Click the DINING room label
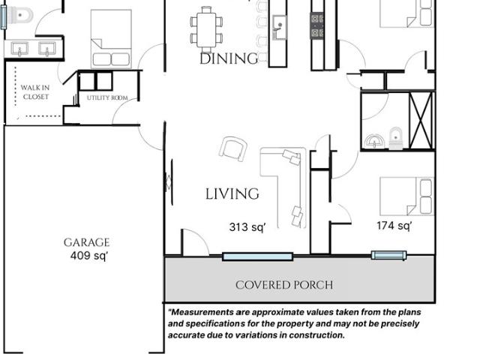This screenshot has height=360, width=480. coord(229,58)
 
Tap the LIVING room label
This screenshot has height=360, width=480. coord(232,193)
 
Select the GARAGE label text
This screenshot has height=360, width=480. coord(87,242)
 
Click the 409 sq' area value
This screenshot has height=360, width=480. coord(89,256)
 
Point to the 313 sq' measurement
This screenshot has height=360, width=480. coord(247,227)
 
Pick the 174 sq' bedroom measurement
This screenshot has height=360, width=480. coord(394,226)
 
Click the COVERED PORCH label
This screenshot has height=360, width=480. coord(284,285)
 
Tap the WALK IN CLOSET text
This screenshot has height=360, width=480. coord(35,92)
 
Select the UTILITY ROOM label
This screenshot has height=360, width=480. coord(107,98)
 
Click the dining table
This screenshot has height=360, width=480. coord(206,30)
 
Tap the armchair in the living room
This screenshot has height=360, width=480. coord(233,148)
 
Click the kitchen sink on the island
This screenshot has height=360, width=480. coord(279,27)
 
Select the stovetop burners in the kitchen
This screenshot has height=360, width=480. coord(316,25)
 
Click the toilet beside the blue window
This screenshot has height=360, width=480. coord(20,15)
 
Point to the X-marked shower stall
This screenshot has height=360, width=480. coord(421,120)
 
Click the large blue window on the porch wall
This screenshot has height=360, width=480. coord(258,256)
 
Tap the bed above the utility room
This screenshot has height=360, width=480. coord(111,39)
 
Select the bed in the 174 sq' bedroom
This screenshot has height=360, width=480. coord(406,196)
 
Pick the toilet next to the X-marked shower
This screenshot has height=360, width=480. coord(395,138)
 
